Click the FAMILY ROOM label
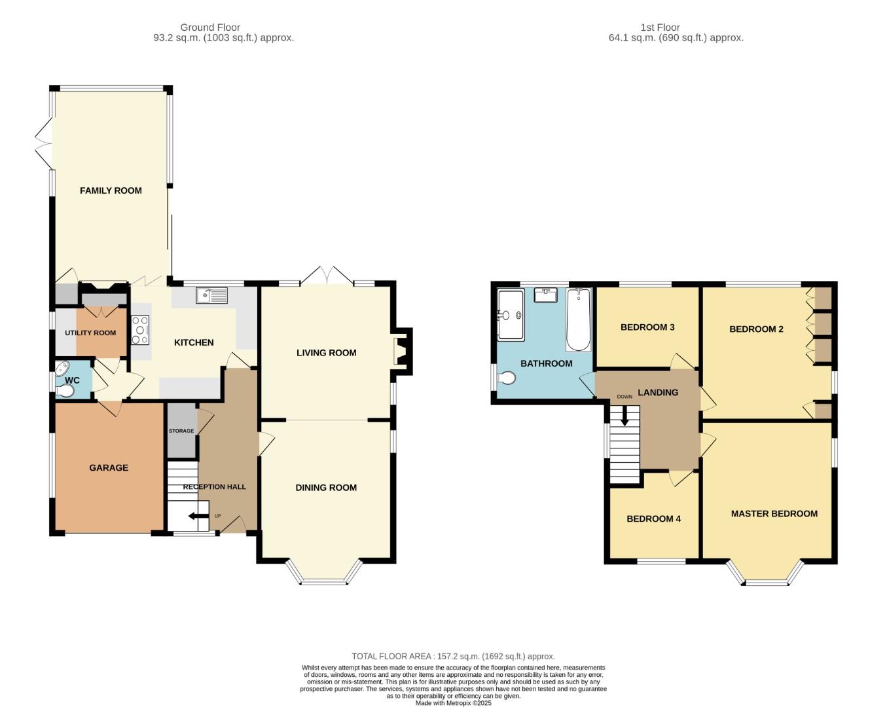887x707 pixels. [111, 190]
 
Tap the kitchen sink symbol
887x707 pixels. [211, 296]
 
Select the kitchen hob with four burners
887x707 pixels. [140, 330]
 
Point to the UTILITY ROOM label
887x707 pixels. [90, 333]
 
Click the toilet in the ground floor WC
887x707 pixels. [65, 391]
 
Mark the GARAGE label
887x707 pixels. [109, 467]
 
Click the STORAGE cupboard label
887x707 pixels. [181, 431]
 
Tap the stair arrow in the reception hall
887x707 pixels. [196, 516]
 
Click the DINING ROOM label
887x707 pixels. [326, 487]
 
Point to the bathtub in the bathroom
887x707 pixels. [578, 320]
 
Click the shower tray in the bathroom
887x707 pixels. [511, 315]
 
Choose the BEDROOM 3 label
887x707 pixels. [647, 327]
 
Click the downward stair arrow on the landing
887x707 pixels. [625, 416]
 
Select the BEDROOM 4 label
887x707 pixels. [653, 518]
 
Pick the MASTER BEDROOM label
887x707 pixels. [774, 513]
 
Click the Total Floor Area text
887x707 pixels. [453, 656]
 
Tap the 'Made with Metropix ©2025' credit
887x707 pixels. [453, 703]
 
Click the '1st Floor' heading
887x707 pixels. [660, 27]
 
